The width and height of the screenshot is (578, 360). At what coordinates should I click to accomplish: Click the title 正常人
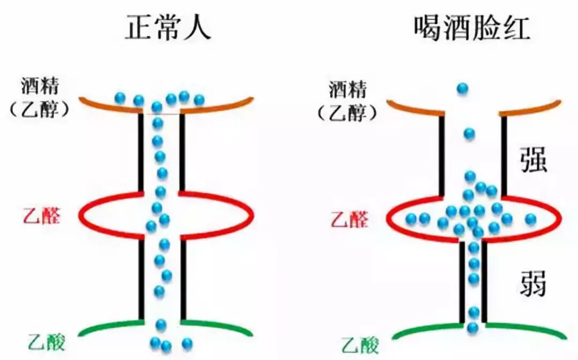click(168, 27)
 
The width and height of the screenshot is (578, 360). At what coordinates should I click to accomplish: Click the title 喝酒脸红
click(471, 27)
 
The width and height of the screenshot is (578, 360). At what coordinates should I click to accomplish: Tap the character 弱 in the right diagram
click(533, 283)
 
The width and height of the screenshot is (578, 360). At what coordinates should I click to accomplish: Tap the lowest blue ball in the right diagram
click(473, 327)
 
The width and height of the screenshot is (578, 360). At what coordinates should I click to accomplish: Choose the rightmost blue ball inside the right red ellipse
click(530, 219)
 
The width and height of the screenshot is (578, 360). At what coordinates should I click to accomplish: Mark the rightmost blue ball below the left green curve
click(187, 343)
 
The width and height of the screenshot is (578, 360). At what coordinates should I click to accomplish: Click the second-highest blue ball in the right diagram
click(469, 133)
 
